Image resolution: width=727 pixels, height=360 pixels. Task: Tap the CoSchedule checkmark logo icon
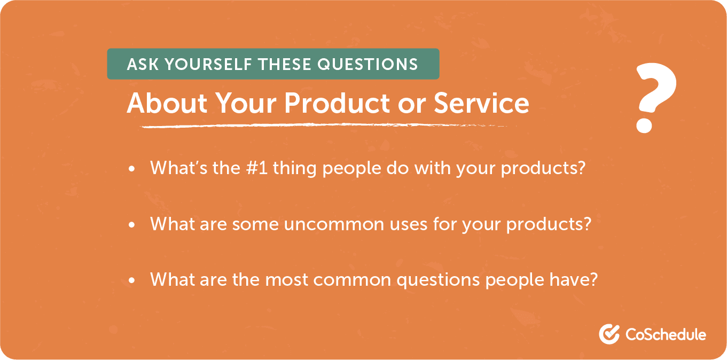point(609,334)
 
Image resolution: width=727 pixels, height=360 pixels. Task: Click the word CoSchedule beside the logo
point(666,335)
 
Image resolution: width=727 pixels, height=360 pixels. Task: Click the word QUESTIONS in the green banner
point(368,65)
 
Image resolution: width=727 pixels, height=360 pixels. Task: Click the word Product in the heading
point(334,104)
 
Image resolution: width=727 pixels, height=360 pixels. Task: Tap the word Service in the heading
point(481,104)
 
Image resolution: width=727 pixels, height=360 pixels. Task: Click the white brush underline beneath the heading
point(320,126)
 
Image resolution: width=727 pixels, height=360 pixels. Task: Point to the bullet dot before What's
point(132,169)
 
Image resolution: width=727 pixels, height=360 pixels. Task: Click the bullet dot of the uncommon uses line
point(132,225)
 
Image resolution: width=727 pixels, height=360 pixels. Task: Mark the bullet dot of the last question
point(132,280)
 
